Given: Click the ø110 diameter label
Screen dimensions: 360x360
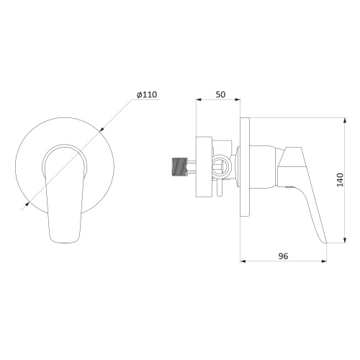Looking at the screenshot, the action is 147,94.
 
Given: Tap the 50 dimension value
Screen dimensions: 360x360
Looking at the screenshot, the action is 220,94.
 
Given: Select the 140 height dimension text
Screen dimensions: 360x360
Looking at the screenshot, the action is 340,180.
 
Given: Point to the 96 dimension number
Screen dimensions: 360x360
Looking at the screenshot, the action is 283,256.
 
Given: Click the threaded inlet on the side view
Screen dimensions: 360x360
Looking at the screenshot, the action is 180,166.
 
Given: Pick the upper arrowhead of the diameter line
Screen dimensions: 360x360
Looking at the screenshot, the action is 102,130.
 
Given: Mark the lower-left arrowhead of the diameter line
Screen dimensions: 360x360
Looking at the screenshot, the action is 27,204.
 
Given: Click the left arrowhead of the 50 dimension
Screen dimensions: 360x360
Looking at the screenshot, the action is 199,99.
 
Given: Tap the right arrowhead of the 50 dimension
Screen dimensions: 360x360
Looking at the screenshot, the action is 238,99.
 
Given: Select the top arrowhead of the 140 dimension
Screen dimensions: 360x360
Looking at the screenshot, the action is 345,120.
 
